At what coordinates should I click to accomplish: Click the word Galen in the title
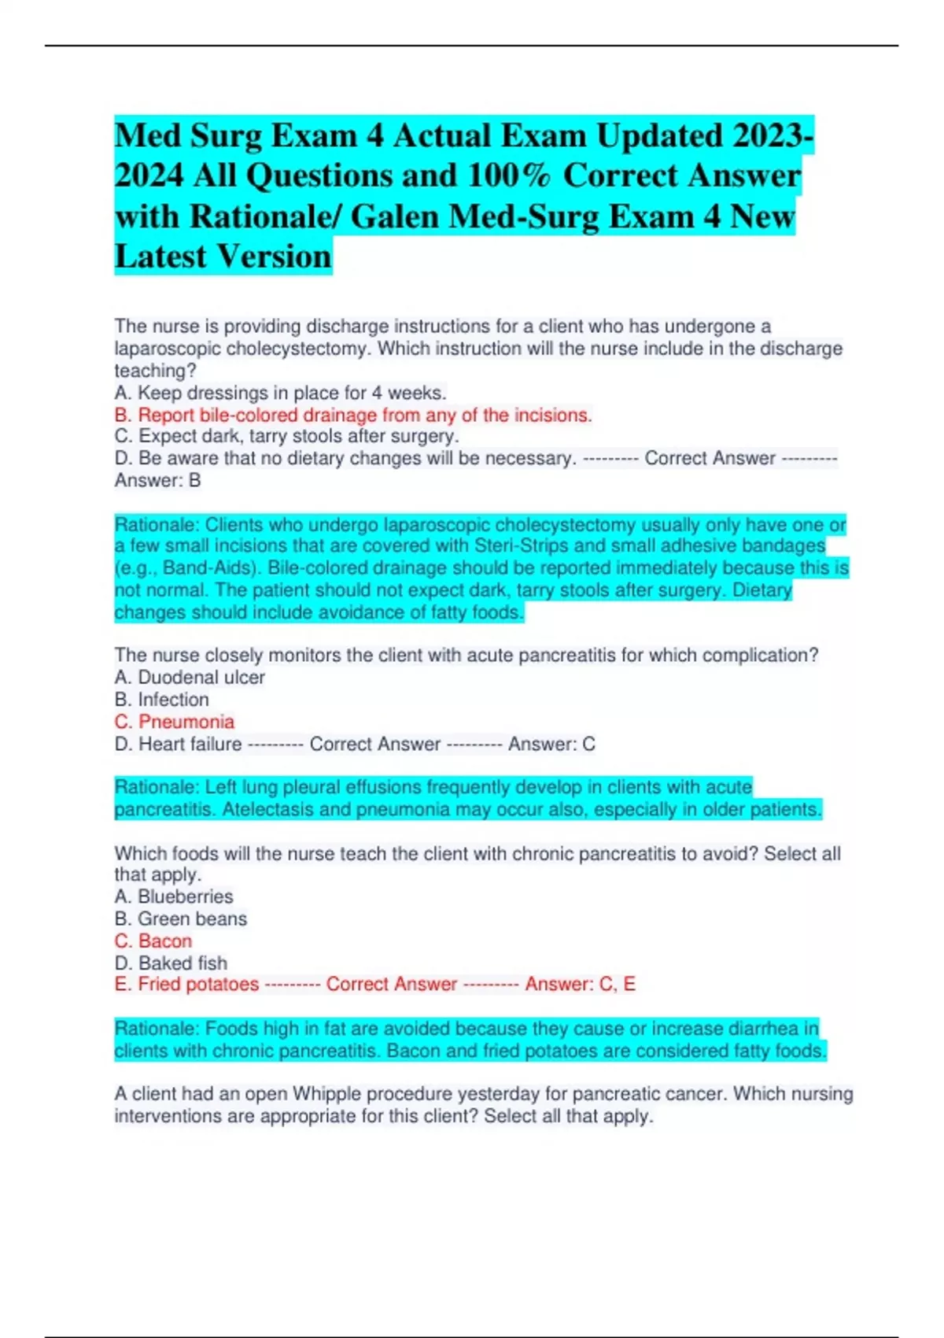click(396, 216)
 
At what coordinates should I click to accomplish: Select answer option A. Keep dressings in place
click(280, 392)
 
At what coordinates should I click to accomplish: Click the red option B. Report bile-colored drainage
click(353, 415)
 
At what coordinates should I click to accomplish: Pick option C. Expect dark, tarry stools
click(286, 436)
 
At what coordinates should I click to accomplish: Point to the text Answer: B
click(157, 480)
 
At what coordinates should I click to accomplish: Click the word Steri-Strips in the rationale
click(521, 546)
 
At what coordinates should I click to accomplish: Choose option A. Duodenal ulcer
click(190, 677)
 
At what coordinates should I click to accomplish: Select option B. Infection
click(162, 699)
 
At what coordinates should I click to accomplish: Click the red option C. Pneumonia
click(175, 722)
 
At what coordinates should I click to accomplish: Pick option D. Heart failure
click(179, 744)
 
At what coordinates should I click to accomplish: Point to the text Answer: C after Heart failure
click(551, 744)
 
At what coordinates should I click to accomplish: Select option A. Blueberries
click(174, 896)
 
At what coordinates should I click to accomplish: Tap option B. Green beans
click(181, 918)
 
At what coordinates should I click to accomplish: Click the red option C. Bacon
click(153, 941)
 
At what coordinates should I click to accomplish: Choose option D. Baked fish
click(171, 963)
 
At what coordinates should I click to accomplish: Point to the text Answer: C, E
click(580, 984)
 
